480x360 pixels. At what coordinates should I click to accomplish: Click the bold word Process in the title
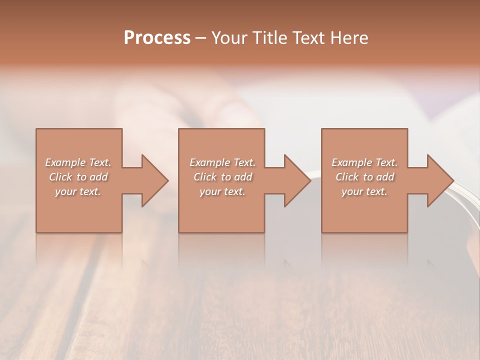coord(157,38)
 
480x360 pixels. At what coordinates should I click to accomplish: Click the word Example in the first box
coord(65,162)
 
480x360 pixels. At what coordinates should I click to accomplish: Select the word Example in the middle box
coord(210,162)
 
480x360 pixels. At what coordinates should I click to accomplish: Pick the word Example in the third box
coord(352,162)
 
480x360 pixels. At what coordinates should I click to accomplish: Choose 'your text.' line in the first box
coord(78,191)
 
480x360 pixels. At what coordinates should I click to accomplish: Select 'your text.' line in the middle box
coord(222,191)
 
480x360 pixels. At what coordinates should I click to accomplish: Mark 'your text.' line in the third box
coord(364,191)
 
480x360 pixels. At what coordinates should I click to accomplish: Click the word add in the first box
coord(99,177)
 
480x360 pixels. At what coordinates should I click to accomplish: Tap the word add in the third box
coord(385,177)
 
